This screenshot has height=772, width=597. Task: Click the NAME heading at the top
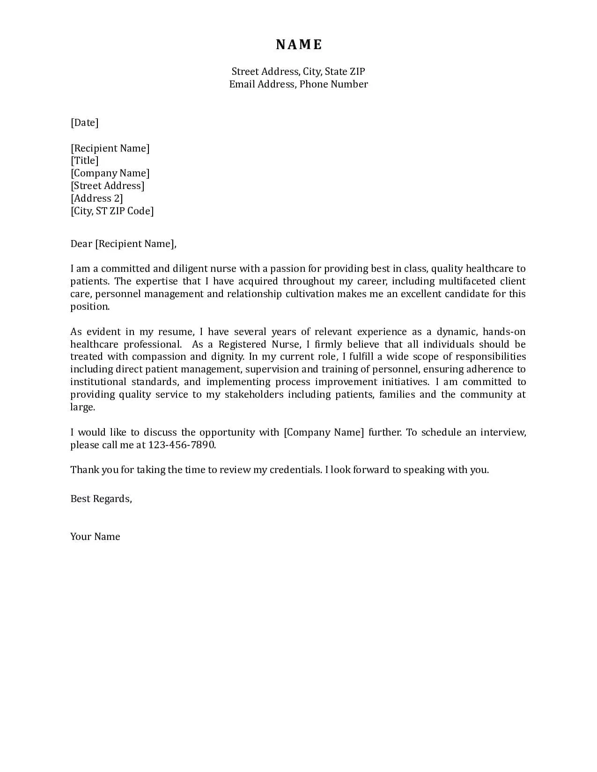point(299,44)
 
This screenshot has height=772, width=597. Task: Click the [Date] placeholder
point(85,123)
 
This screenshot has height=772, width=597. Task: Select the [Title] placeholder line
point(85,160)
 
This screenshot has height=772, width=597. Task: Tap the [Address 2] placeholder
point(97,198)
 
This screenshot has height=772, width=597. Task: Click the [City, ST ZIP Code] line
point(112,211)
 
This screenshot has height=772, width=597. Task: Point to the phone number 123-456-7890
point(182,445)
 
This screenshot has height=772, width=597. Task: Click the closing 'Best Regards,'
point(101,499)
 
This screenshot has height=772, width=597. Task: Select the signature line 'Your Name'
point(95,537)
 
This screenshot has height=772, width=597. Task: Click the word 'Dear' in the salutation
point(81,244)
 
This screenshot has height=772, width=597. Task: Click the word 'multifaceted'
point(466,281)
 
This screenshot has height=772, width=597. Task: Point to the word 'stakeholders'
point(254,394)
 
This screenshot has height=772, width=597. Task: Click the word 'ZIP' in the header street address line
point(357,72)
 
